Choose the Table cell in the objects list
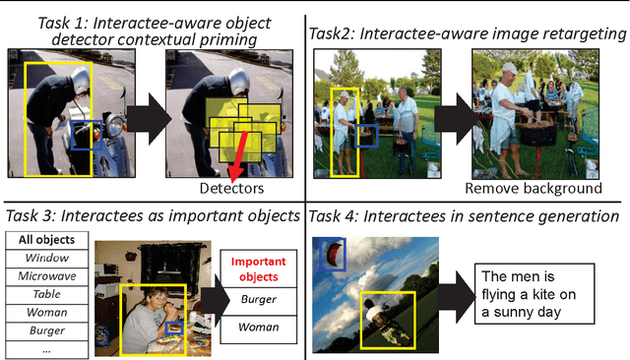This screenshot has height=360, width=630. [48, 293]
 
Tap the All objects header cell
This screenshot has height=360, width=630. [48, 238]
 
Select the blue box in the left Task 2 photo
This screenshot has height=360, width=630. [365, 134]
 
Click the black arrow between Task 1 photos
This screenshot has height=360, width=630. [141, 116]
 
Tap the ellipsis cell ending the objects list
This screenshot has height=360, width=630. [48, 349]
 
